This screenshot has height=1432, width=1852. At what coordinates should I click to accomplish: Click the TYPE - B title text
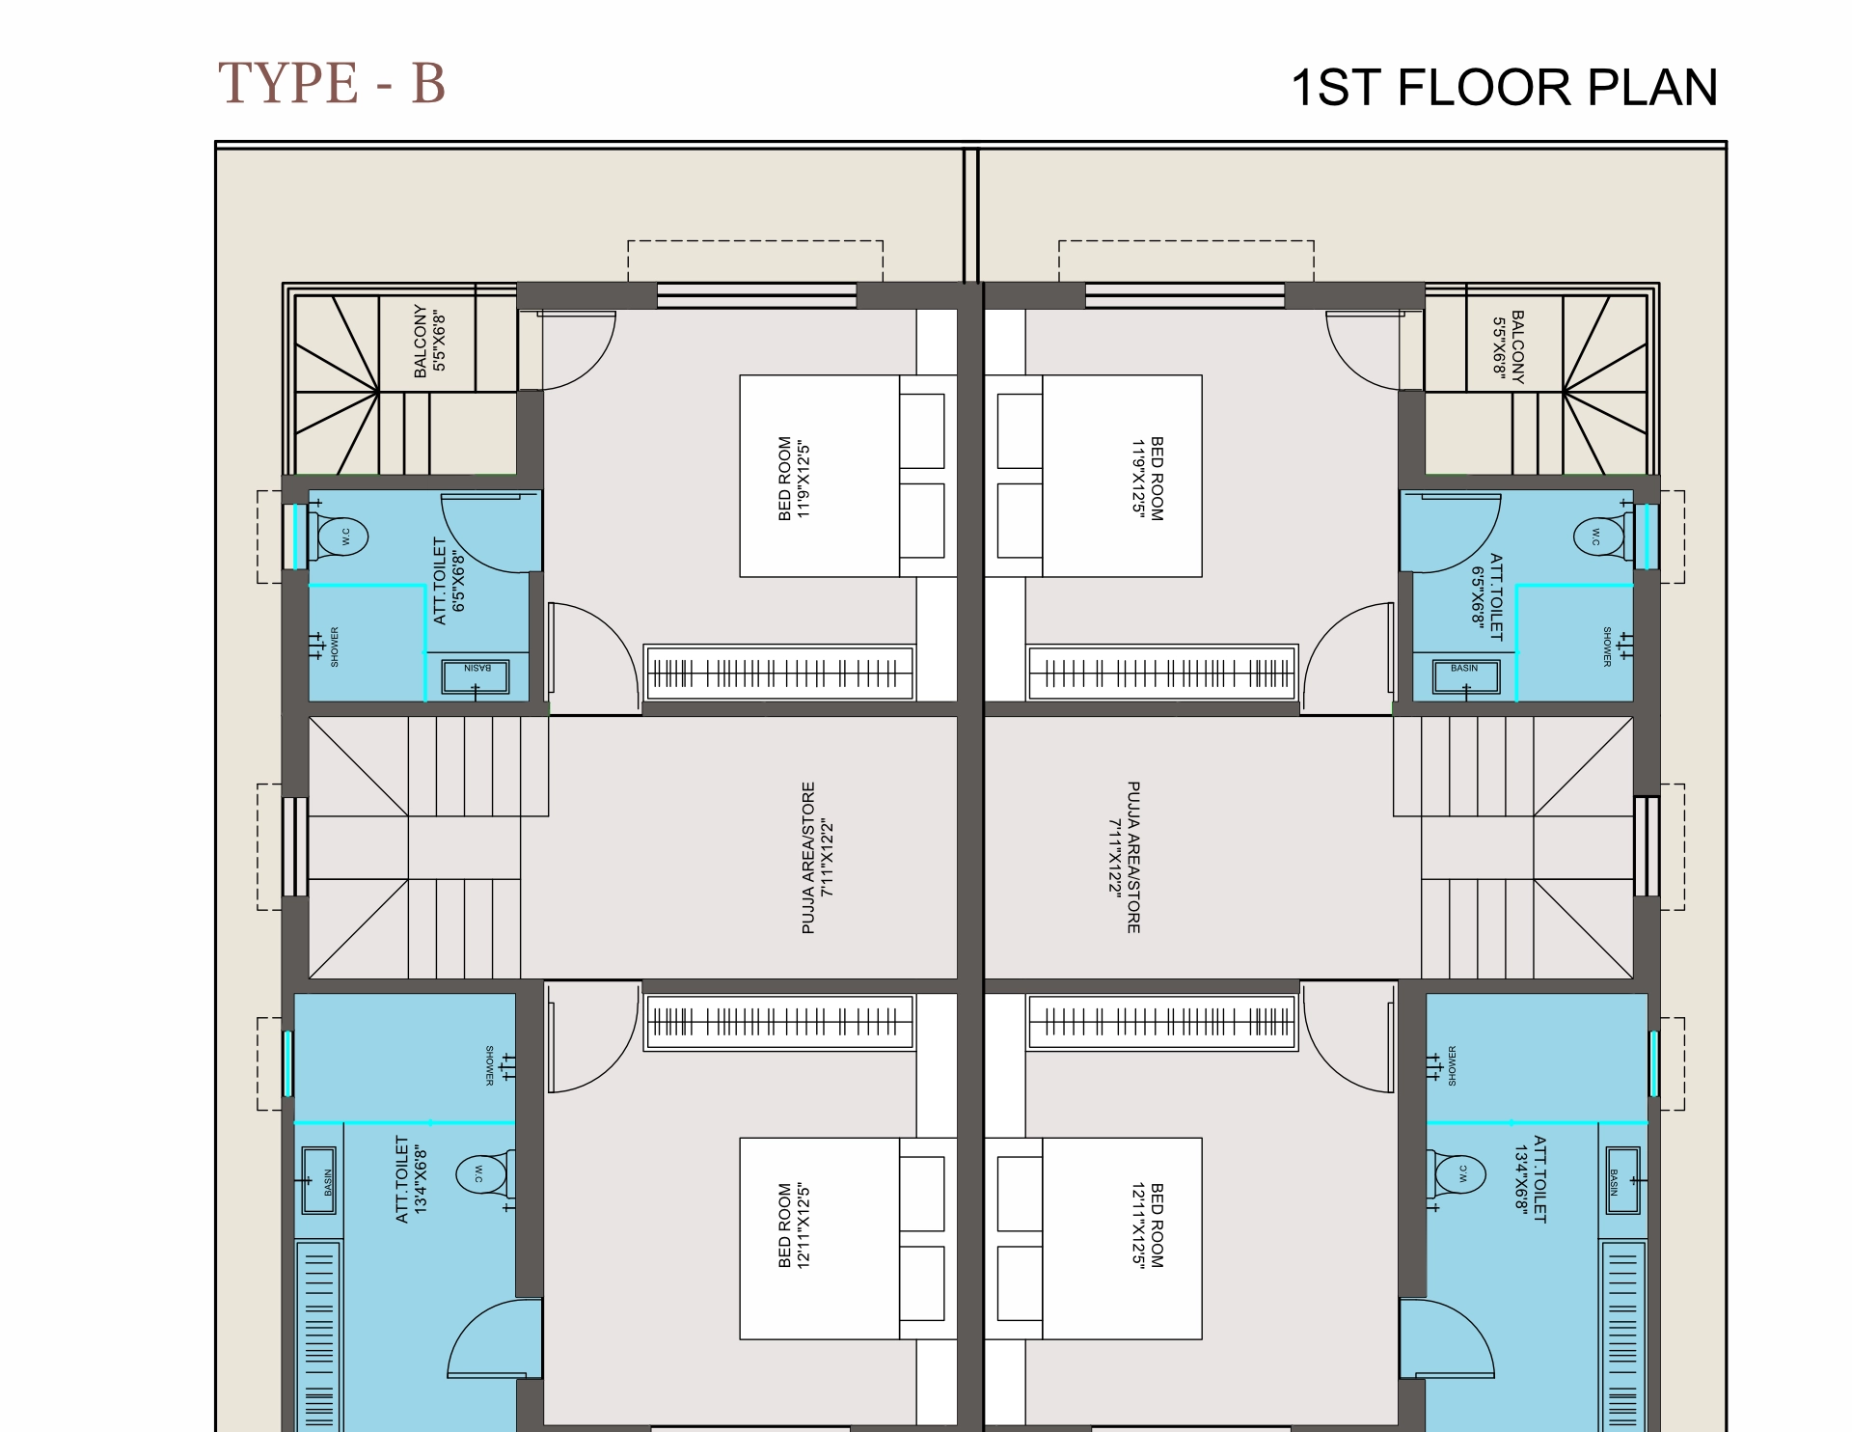[x=332, y=83]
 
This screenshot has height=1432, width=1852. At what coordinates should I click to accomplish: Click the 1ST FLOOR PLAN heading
[x=1504, y=88]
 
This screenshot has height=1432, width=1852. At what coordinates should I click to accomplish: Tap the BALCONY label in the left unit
[x=429, y=342]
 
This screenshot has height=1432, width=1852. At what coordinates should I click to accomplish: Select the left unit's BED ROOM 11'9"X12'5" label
[x=794, y=479]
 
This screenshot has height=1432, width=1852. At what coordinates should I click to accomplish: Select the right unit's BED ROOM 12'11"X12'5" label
[x=1147, y=1225]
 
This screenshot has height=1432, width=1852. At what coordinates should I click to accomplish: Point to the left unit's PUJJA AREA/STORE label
[x=817, y=858]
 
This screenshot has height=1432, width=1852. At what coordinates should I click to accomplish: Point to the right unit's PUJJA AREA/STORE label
[x=1124, y=858]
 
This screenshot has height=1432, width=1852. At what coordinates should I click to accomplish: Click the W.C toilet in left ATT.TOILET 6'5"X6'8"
[x=340, y=536]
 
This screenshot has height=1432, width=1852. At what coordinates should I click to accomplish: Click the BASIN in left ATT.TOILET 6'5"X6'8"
[x=476, y=675]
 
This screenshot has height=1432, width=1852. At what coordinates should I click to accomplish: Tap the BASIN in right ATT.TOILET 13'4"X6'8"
[x=1622, y=1180]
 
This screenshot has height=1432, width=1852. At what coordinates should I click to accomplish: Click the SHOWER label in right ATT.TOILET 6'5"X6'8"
[x=1607, y=647]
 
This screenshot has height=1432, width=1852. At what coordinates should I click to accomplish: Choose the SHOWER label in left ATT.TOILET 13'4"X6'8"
[x=489, y=1065]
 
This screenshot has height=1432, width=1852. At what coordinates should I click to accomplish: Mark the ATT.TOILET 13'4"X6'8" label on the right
[x=1530, y=1179]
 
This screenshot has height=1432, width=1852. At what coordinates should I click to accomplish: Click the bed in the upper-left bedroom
[x=820, y=476]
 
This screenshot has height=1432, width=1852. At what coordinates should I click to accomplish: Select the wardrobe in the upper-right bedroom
[x=1161, y=673]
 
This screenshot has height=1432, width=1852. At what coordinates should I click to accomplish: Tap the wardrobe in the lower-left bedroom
[x=779, y=1022]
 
